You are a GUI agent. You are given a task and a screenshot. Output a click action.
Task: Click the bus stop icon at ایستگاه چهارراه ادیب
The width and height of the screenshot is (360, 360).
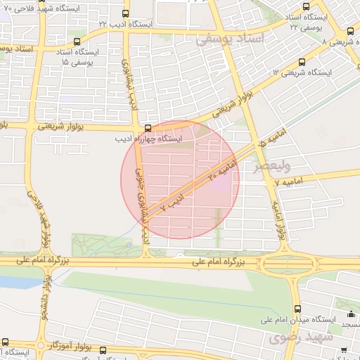[x=148, y=128]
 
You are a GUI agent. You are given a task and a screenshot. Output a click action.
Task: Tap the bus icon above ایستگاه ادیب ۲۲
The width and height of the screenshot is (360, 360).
[x=125, y=13]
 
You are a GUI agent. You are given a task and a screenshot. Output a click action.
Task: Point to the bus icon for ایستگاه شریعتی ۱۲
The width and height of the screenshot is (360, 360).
[x=302, y=62]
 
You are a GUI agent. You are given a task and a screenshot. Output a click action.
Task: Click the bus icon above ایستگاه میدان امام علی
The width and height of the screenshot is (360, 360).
[x=297, y=309]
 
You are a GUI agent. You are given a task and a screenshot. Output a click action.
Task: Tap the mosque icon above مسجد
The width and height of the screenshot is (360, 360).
[x=351, y=315]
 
